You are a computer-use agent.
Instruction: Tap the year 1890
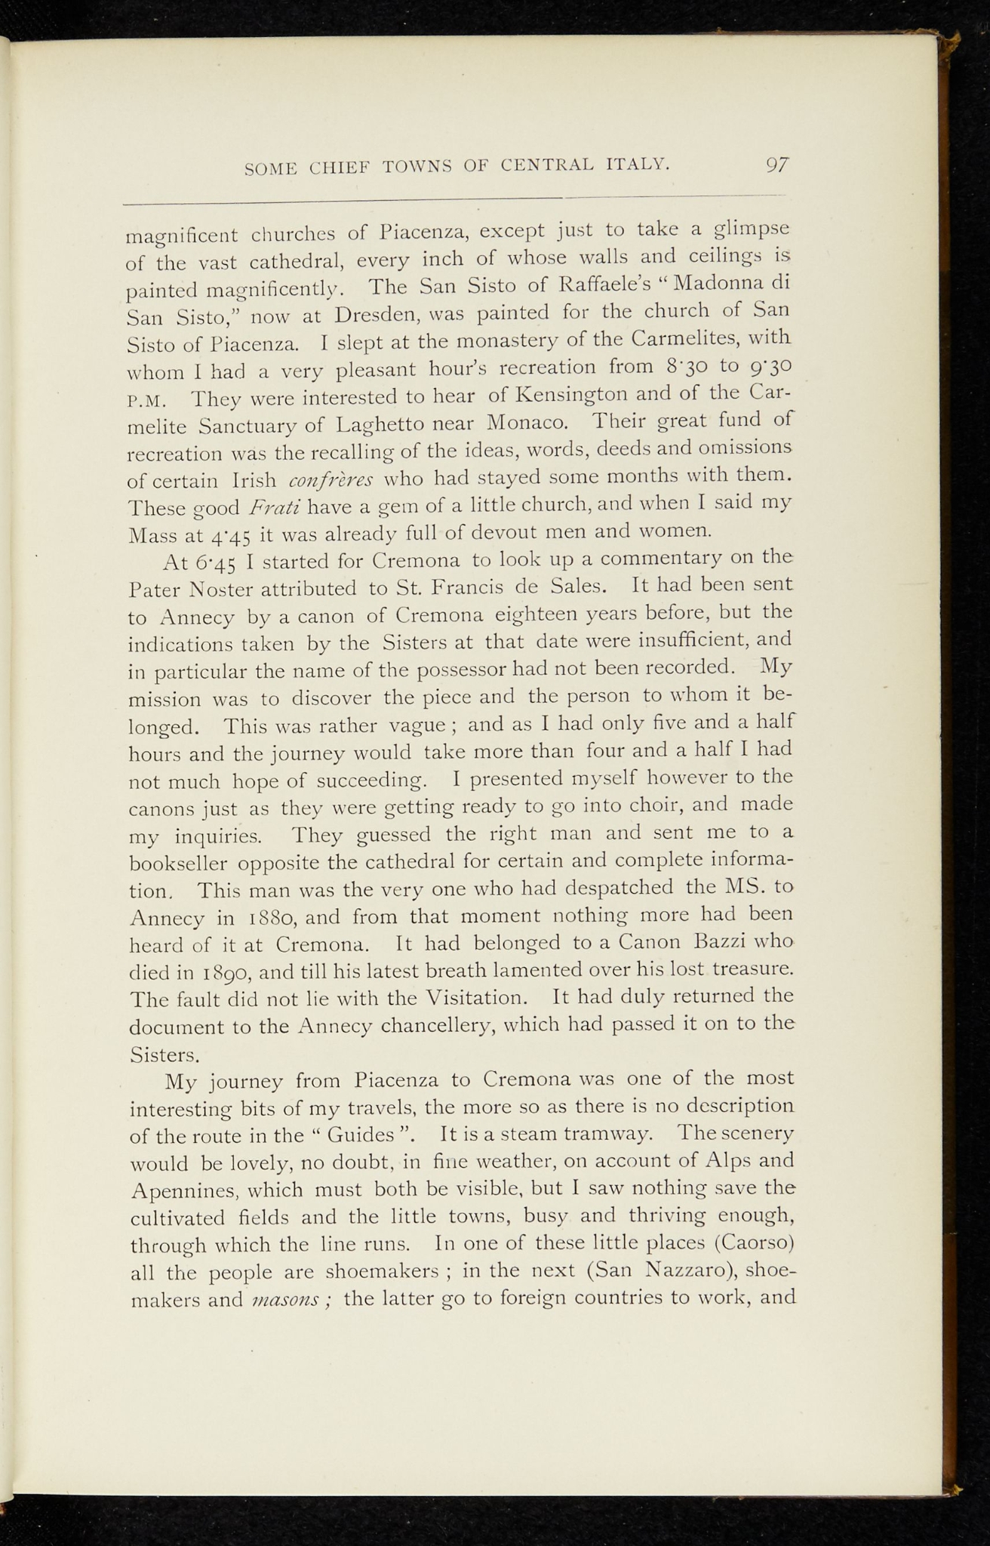tap(217, 972)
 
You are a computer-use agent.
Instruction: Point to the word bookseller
tap(180, 862)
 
